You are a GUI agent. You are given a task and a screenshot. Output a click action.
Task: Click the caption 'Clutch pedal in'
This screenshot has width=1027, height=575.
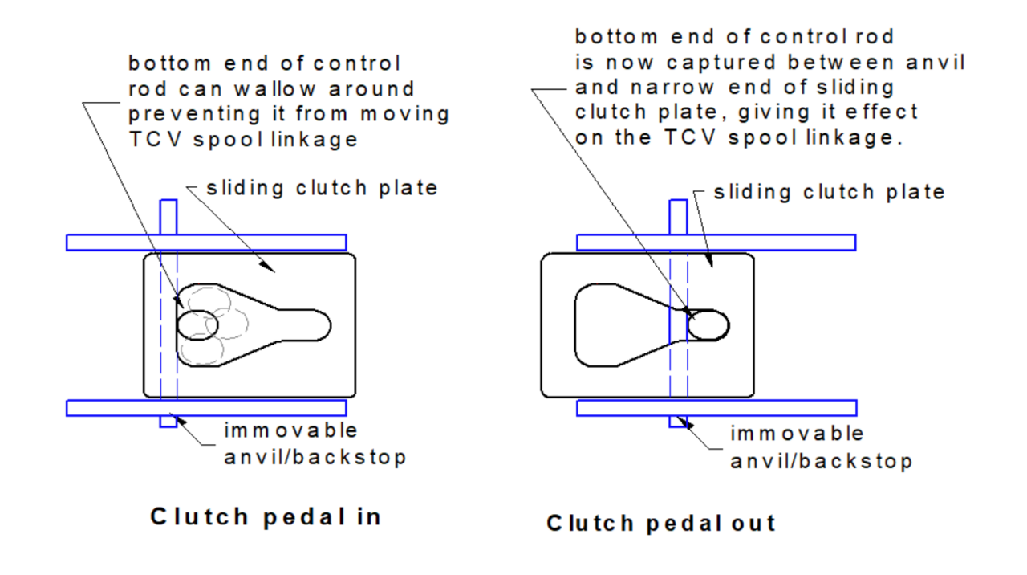[266, 516]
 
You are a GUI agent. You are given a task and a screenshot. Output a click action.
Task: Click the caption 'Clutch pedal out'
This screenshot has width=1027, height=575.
[661, 524]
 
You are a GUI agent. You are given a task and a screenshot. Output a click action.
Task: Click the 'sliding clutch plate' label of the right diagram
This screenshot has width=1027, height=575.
[830, 192]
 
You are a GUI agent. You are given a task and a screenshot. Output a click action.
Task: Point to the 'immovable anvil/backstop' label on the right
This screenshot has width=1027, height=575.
[821, 447]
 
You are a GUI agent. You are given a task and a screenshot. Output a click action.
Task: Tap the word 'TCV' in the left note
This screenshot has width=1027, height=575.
[151, 139]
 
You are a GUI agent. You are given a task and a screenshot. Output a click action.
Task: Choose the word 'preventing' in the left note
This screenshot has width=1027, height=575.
[196, 113]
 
